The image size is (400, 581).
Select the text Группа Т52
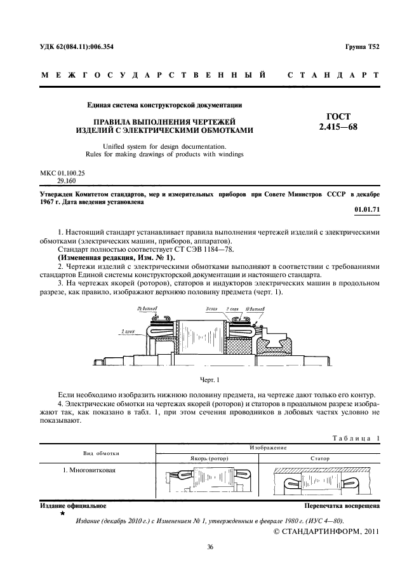click(x=362, y=47)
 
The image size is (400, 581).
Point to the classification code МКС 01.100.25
click(x=63, y=173)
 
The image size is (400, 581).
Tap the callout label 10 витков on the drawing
click(x=257, y=308)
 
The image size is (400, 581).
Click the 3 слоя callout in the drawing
click(x=212, y=308)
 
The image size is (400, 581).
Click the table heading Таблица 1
click(x=356, y=437)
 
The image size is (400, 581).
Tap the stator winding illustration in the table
click(x=321, y=482)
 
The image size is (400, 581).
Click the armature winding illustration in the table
click(x=210, y=482)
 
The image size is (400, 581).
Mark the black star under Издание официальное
click(x=62, y=513)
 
